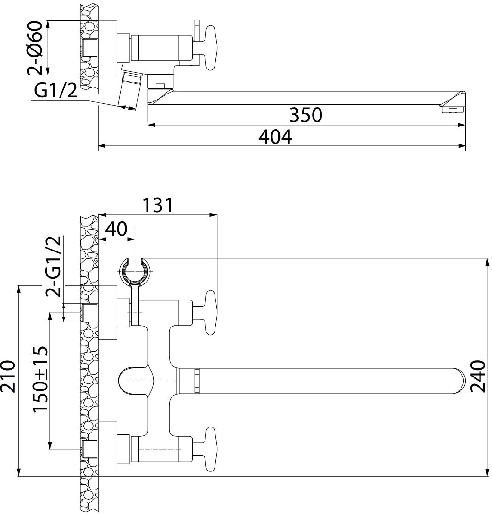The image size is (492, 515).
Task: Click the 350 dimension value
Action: [305, 115]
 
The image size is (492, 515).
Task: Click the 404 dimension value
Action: [275, 137]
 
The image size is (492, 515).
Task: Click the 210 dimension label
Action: [9, 377]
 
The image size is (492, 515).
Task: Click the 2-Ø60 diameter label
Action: [36, 48]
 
